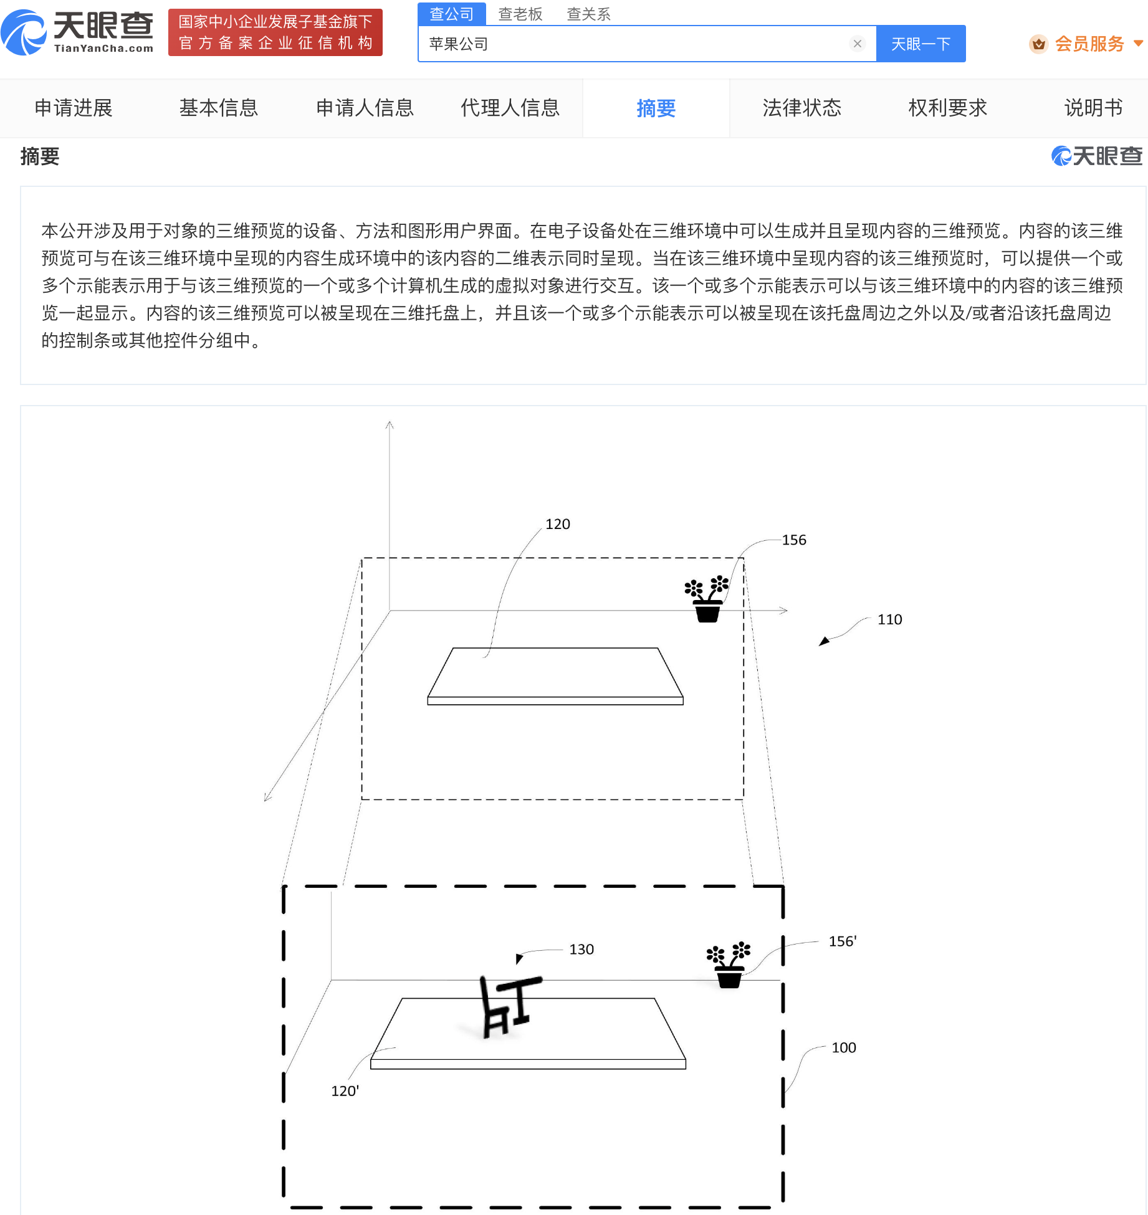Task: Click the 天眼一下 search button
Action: click(921, 44)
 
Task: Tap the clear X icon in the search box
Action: click(858, 44)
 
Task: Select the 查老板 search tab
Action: click(520, 14)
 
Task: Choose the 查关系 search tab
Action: click(588, 14)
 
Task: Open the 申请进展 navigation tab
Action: click(74, 108)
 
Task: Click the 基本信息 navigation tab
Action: click(219, 108)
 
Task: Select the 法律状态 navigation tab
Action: click(802, 108)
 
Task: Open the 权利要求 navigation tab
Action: click(948, 108)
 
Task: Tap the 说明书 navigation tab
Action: click(1093, 108)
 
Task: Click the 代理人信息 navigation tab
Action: click(510, 108)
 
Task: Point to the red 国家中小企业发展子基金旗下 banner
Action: click(275, 32)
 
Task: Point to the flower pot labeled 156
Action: click(707, 599)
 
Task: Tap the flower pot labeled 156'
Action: click(729, 965)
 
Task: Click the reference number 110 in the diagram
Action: click(890, 619)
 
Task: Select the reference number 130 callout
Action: click(581, 949)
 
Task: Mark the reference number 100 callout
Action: click(844, 1047)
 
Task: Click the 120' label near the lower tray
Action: click(345, 1091)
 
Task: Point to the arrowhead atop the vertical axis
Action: click(390, 425)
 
